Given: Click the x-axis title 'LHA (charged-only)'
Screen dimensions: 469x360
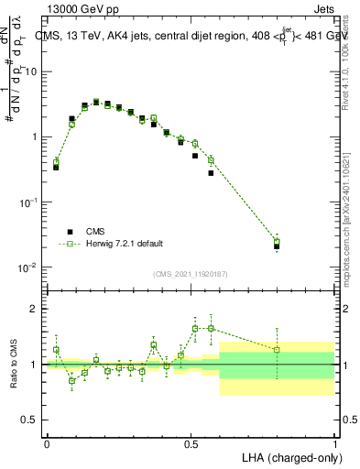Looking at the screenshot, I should [x=290, y=456].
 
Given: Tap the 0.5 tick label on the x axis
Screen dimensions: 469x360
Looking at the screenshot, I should [x=191, y=443].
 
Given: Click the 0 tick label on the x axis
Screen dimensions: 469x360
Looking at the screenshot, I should [x=47, y=443].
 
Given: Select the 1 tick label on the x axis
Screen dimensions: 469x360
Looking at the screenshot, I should [x=334, y=443].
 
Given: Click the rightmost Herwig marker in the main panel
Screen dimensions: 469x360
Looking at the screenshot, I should [x=277, y=242].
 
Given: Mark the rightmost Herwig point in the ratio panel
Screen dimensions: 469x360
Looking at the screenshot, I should [x=277, y=349].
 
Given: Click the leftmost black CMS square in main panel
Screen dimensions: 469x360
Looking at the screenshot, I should [x=56, y=168].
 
